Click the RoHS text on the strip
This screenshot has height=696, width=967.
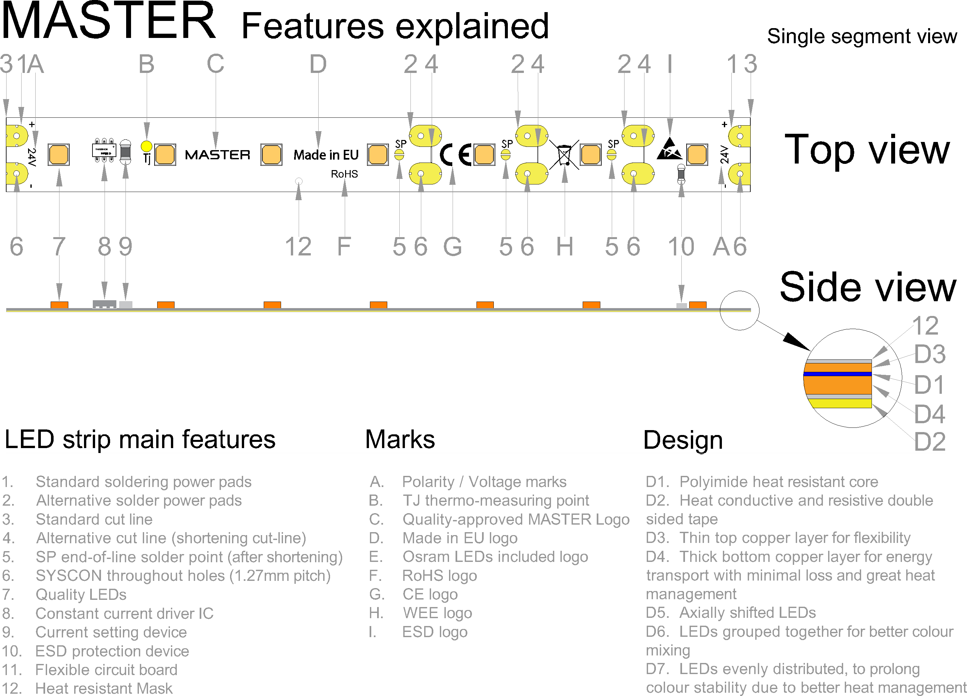click(344, 174)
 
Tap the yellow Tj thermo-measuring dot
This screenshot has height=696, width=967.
click(146, 146)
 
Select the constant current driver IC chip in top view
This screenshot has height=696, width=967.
click(104, 150)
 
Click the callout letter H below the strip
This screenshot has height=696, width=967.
click(564, 246)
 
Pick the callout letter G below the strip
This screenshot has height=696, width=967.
click(452, 246)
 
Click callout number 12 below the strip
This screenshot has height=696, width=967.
click(298, 246)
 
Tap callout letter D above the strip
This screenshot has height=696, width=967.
click(318, 64)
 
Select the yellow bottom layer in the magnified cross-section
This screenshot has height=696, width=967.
click(840, 403)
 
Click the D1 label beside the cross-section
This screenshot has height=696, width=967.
click(930, 385)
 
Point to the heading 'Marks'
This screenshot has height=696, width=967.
click(400, 440)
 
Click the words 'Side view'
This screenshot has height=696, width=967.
click(868, 287)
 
